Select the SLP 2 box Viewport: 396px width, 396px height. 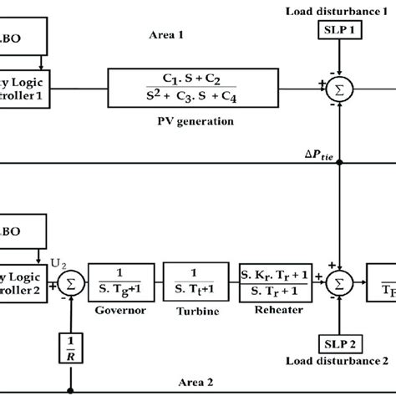click(338, 344)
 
